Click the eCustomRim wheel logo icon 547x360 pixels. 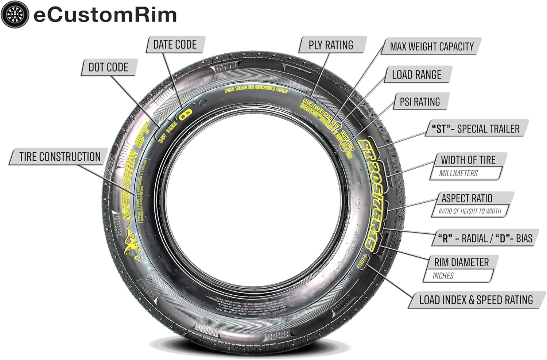[x=15, y=15]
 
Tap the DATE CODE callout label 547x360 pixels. [x=175, y=45]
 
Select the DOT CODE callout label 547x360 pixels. [x=108, y=67]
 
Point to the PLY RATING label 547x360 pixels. [x=331, y=45]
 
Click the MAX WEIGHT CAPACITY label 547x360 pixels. [x=432, y=47]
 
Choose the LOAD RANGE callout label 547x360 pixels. [x=416, y=74]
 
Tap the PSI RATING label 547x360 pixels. [x=420, y=102]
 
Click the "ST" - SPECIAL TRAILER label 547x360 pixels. [x=476, y=129]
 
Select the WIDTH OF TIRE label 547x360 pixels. [x=468, y=160]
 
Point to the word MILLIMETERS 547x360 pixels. [x=458, y=173]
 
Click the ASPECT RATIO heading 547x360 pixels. [x=467, y=198]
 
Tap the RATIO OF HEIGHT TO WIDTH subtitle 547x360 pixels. [x=470, y=211]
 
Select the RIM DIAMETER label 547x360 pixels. [x=461, y=262]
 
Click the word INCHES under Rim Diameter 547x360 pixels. [x=443, y=276]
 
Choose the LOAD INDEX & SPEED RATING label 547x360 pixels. [x=476, y=300]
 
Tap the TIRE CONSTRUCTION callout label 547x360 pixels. [x=60, y=157]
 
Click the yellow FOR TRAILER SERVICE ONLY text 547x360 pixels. [x=256, y=89]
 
